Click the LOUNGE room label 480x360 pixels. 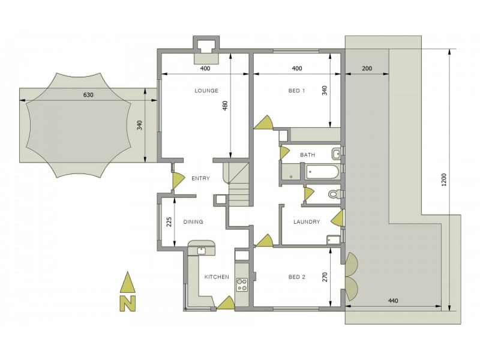tap(206, 91)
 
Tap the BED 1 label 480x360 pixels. tap(296, 91)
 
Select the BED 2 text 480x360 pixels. tap(296, 277)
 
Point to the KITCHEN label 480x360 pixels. tap(217, 277)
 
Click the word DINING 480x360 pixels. tap(193, 221)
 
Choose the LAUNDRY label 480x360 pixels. tap(307, 221)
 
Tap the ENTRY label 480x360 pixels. tap(200, 178)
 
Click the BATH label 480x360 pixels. tap(307, 155)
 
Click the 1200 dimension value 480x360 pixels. tap(444, 179)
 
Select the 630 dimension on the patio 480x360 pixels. tap(88, 95)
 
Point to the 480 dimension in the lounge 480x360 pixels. tap(225, 106)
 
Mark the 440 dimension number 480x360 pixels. tap(393, 301)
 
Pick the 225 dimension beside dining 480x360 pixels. tap(169, 222)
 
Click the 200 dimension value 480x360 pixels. tap(367, 68)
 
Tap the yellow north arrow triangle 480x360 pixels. tap(128, 282)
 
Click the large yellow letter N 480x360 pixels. tap(128, 304)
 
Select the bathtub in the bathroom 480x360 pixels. tap(322, 172)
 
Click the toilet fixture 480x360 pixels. tap(334, 194)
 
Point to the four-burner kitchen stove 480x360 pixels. tap(242, 284)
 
